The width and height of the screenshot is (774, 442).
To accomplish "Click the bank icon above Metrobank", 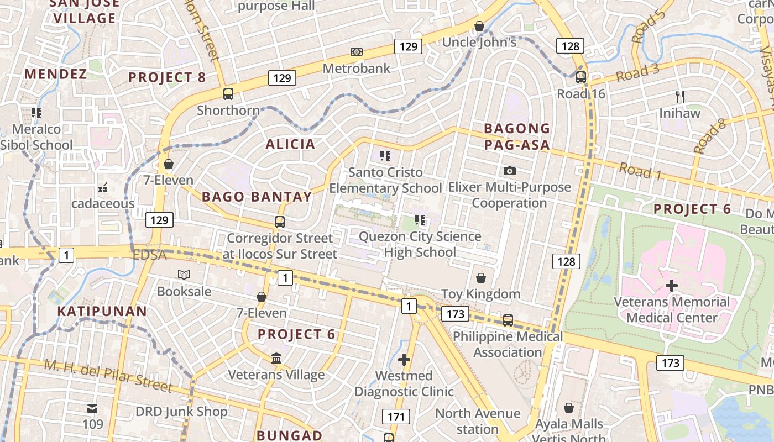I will tap(357, 52).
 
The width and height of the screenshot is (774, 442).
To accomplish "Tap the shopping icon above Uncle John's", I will tap(479, 26).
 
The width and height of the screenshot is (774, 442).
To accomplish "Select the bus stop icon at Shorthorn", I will tap(228, 94).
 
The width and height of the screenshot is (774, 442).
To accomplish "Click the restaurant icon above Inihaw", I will tap(680, 96).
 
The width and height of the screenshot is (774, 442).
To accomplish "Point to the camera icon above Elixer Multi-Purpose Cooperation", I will tap(509, 171).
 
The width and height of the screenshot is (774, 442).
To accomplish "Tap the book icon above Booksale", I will tap(184, 275).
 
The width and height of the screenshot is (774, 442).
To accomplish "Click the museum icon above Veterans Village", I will tap(276, 359).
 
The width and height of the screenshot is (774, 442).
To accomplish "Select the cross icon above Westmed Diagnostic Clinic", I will tap(404, 360).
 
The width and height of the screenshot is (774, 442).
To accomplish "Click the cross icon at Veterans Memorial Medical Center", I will tap(672, 286).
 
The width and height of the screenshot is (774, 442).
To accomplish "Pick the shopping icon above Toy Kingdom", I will tap(481, 277).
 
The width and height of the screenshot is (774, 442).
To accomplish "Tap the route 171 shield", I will tap(396, 417).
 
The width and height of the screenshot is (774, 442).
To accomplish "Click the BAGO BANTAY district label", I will tap(257, 197).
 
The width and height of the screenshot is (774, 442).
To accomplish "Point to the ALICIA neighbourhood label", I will tap(290, 145).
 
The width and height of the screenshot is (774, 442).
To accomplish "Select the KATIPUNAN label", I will tap(102, 311).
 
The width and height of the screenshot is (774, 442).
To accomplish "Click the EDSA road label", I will tap(149, 255).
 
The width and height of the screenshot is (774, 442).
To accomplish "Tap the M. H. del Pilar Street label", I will tap(108, 376).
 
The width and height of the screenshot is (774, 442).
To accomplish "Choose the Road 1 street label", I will tap(640, 171).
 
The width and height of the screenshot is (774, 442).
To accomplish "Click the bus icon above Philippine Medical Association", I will tap(508, 320).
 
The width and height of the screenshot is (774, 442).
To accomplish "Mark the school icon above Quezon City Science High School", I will tap(420, 220).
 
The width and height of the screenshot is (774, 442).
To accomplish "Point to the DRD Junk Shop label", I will tap(181, 412).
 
